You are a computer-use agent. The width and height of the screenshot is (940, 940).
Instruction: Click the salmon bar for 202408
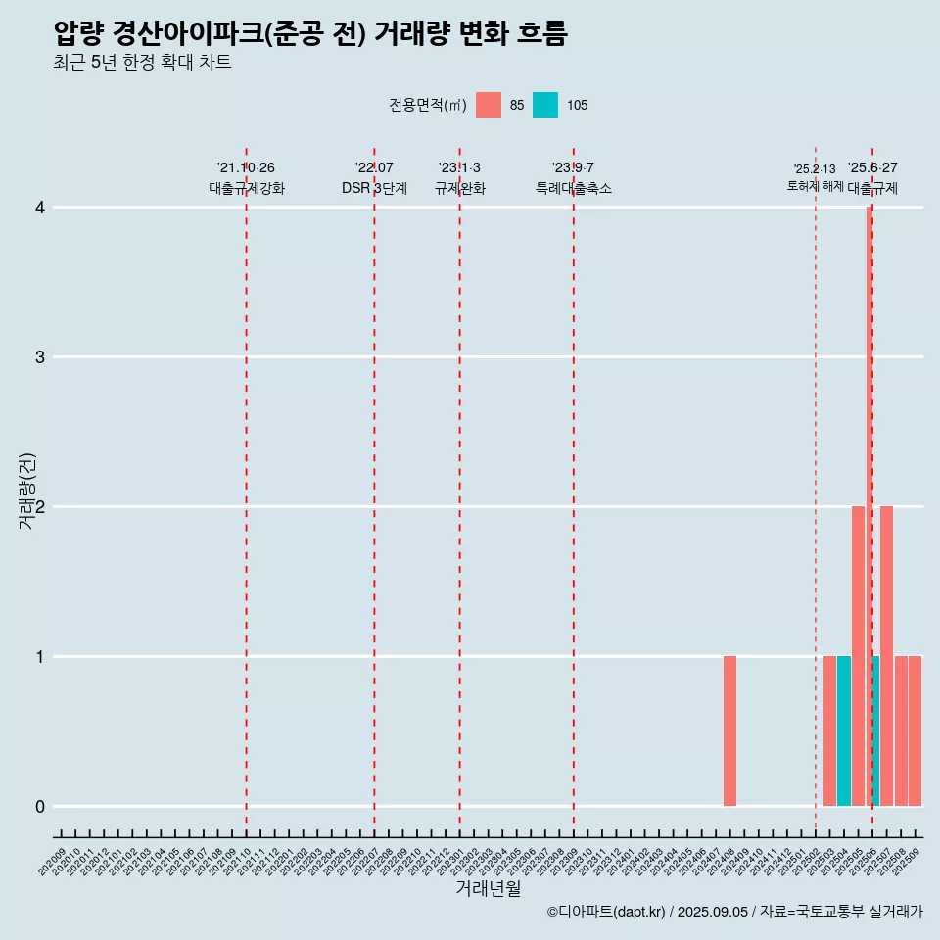tap(729, 730)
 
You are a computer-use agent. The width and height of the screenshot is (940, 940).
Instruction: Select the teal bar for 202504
tap(843, 730)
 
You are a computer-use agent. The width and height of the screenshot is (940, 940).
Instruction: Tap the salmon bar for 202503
tap(829, 730)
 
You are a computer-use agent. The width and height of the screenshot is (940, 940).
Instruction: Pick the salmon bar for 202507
tap(886, 656)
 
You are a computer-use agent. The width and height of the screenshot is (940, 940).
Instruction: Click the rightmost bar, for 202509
tap(915, 730)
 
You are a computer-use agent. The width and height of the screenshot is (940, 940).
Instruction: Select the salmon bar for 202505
tap(858, 656)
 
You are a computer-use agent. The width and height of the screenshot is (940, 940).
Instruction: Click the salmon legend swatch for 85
tap(488, 105)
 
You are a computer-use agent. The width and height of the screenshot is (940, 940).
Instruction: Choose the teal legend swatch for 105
tap(545, 105)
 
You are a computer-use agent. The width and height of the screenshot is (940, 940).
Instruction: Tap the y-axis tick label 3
tap(40, 357)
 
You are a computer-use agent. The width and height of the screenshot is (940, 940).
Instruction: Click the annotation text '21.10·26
tap(246, 167)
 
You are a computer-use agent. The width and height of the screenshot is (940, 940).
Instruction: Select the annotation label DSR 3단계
tap(374, 188)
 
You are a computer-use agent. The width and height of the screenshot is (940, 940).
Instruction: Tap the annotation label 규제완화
tap(459, 188)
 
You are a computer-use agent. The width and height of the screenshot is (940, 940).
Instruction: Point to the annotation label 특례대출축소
tap(573, 188)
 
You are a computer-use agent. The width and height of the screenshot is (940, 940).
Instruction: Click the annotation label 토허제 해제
tap(815, 186)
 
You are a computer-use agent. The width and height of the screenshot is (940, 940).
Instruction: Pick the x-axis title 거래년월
tap(488, 888)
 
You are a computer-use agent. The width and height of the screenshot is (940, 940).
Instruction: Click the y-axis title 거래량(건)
tap(27, 491)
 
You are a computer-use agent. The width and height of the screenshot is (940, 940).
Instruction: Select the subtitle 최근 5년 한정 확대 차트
tap(143, 63)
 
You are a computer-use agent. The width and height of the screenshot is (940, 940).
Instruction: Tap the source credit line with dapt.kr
tap(734, 912)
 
